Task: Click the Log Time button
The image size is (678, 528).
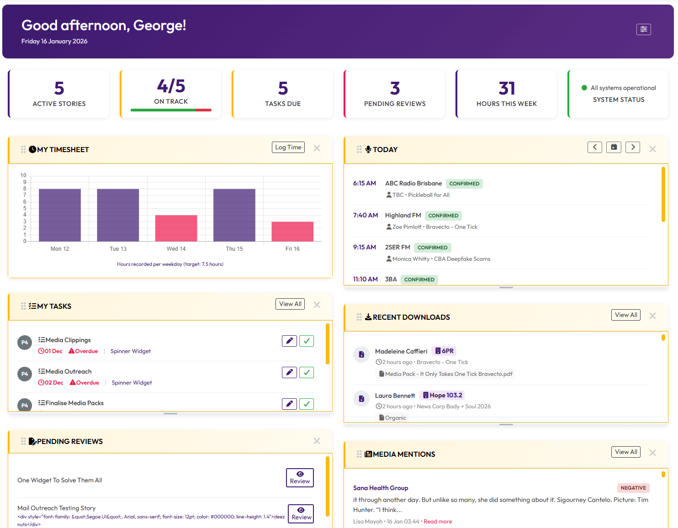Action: pos(288,148)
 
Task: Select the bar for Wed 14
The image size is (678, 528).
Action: pos(176,228)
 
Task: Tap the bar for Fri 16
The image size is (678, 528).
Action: pos(292,231)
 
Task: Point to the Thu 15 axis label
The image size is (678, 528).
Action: pos(234,249)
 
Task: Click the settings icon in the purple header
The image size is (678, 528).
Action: pos(643,29)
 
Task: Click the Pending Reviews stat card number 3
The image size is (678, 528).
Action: pos(395,88)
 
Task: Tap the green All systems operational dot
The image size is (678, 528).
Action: pos(584,88)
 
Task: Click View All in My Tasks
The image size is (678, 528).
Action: pos(290,304)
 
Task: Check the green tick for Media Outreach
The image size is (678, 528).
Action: pos(306,373)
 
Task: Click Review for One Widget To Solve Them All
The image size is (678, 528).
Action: pos(300,478)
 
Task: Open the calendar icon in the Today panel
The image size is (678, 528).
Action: pos(614,147)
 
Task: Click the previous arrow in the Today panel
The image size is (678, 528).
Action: pos(594,147)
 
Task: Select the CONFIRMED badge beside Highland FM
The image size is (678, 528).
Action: pos(443,216)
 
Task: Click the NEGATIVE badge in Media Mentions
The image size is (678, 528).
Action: pos(633,488)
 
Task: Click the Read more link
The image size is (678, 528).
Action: pos(438,522)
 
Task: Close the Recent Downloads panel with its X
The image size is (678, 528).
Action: pos(652,316)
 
